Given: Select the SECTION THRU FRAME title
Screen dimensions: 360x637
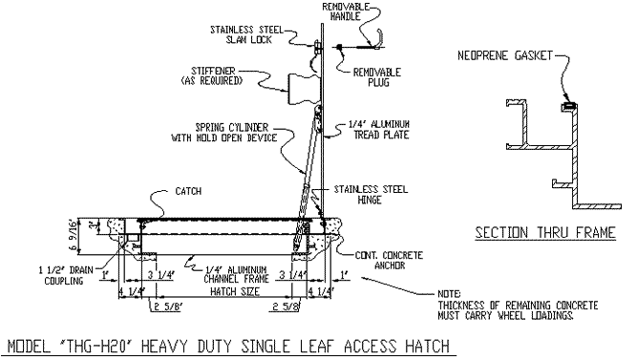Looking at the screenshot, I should [x=545, y=232].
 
